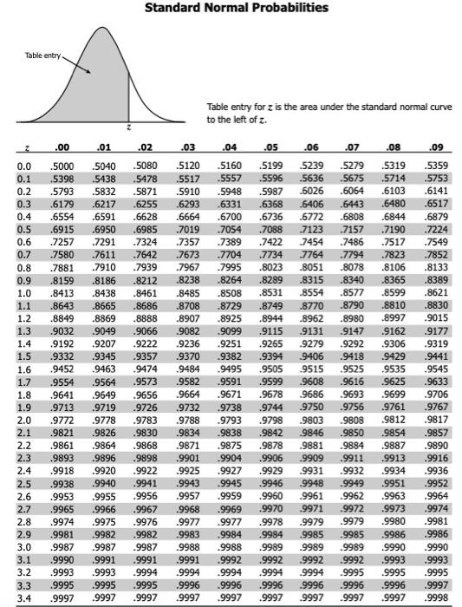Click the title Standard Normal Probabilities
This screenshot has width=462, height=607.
pos(231,8)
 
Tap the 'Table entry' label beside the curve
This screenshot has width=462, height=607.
pos(42,55)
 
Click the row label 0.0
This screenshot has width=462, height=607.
pos(24,164)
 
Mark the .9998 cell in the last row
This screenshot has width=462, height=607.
pos(438,598)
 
